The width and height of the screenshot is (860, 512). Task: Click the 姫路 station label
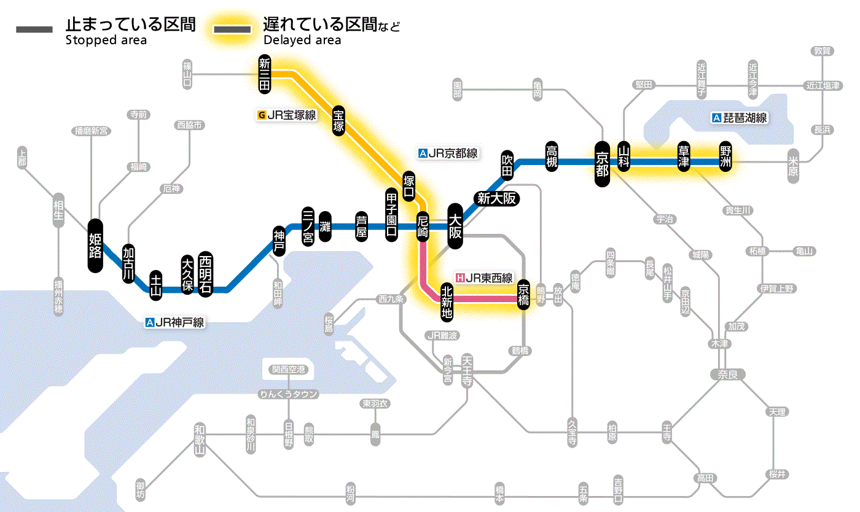95,246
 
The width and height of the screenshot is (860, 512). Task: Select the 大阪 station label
455,227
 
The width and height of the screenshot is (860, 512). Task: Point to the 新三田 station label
265,75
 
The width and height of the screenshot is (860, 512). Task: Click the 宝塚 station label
338,120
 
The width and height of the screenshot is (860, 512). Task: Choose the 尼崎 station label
423,227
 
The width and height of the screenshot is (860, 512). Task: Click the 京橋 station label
523,295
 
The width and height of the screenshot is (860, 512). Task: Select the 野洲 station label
725,157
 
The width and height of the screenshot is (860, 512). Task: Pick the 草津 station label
683,157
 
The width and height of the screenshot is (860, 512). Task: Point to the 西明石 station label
205,274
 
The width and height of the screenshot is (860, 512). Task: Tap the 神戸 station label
279,241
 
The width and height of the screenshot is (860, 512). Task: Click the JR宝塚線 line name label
287,115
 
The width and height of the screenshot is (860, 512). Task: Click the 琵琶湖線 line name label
740,118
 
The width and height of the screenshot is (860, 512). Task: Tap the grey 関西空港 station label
288,370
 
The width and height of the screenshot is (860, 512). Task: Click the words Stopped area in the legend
106,41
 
